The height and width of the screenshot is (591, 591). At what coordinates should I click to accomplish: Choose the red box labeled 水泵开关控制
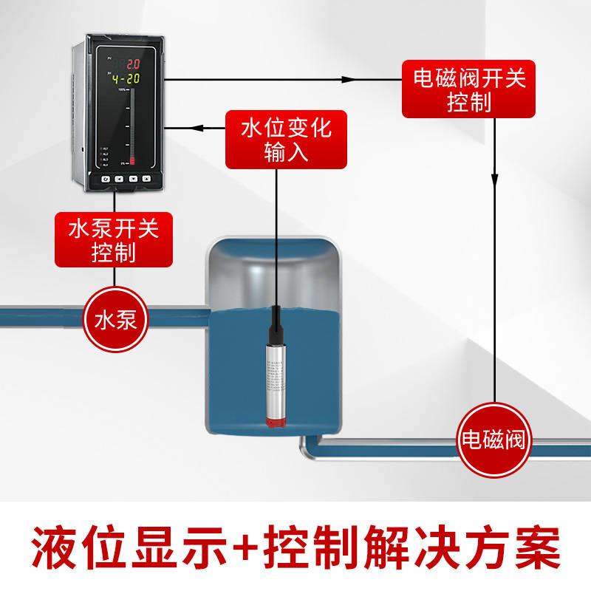tap(113, 240)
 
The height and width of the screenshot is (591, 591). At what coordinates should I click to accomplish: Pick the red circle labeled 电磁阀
tap(493, 441)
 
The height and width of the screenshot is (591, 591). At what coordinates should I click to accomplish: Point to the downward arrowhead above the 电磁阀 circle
tap(493, 180)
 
